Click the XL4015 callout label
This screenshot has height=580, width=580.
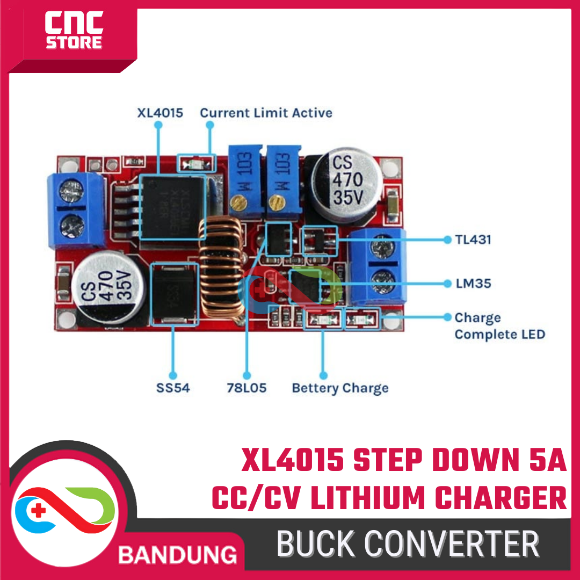tap(160, 113)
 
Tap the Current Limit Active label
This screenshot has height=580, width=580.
tap(266, 113)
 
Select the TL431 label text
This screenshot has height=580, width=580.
tap(473, 240)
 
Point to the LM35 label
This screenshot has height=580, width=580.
tap(473, 282)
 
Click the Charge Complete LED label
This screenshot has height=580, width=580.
tap(499, 326)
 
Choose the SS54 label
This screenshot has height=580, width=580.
tap(173, 387)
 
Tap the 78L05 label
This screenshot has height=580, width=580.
tap(247, 387)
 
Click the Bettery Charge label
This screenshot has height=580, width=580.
tap(340, 387)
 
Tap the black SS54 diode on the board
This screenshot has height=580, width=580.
tap(172, 294)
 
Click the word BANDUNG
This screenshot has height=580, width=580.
tap(178, 554)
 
